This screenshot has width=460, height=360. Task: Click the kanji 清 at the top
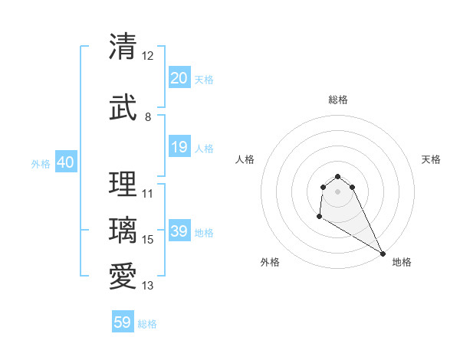123,47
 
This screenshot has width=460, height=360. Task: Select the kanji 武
123,109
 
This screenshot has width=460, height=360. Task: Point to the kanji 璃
123,231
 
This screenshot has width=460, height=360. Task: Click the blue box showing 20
179,78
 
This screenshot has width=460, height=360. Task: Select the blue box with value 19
179,147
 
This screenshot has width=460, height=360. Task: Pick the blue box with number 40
65,162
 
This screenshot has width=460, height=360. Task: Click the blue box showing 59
123,322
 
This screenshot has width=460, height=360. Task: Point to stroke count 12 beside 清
148,56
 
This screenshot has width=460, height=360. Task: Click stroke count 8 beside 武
148,117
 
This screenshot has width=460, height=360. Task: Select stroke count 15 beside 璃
148,240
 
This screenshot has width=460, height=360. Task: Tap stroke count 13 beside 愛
148,286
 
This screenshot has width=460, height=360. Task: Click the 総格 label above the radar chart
337,100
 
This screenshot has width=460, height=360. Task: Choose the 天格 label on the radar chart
431,159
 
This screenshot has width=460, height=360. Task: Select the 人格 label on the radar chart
245,159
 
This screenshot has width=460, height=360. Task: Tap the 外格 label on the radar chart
270,262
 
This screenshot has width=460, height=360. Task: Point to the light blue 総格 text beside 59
147,324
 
